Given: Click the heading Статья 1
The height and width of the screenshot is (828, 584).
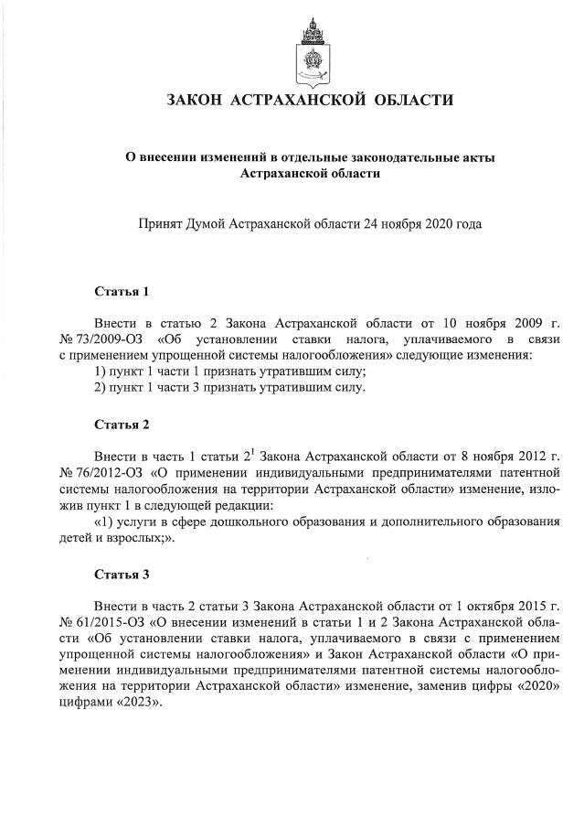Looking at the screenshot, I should point(122,292).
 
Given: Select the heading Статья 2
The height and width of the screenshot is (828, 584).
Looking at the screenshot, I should point(122,425).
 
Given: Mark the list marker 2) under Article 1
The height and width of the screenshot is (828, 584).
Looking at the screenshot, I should point(101,388).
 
